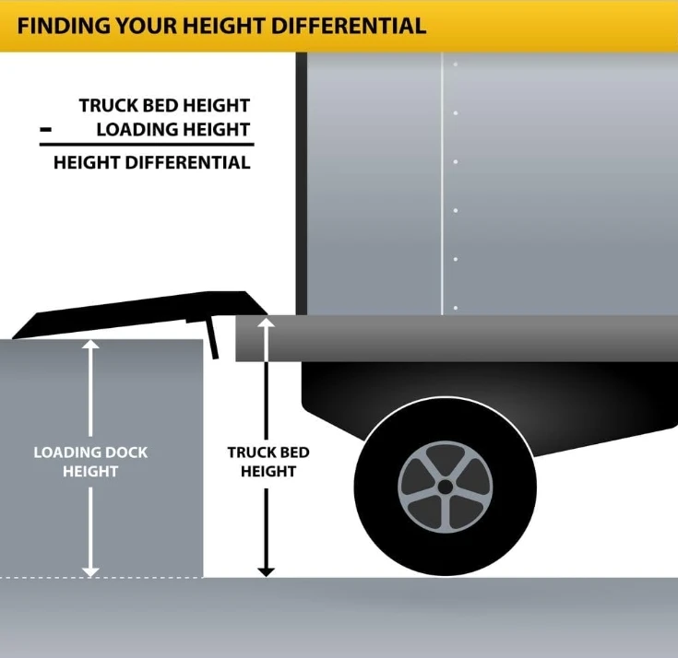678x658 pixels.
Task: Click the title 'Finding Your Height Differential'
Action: (221, 25)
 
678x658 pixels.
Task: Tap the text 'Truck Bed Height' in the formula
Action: (164, 106)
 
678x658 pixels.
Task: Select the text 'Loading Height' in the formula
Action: (172, 129)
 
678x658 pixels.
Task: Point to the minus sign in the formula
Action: (45, 130)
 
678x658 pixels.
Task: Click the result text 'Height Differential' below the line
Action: (151, 163)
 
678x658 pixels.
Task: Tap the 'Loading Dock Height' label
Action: (90, 462)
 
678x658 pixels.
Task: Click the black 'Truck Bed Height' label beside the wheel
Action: (268, 462)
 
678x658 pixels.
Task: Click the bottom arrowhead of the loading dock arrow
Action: (90, 570)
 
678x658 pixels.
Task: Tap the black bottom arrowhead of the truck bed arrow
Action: (267, 570)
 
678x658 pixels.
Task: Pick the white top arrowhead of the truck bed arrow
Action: (267, 323)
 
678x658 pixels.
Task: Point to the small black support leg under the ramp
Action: (213, 341)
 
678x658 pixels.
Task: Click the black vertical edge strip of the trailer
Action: (301, 184)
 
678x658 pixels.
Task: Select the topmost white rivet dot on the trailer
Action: (454, 65)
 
